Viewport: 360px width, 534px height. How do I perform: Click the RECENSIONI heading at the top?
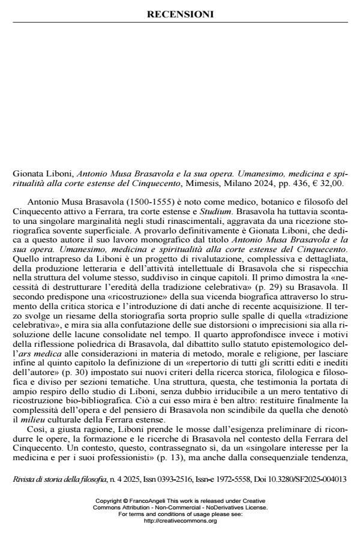[x=180, y=14]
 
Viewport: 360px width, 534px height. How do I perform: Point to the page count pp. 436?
[x=297, y=182]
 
